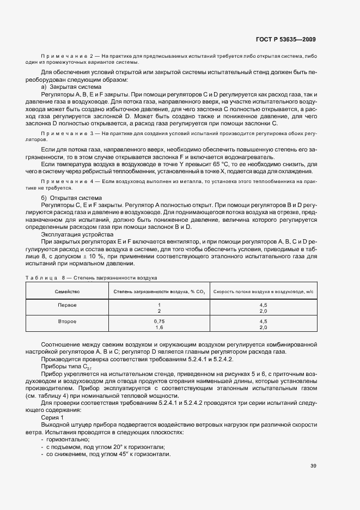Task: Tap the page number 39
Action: (x=313, y=466)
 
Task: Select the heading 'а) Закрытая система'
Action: (x=71, y=87)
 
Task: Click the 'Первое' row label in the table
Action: (x=67, y=305)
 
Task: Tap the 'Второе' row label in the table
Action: (x=67, y=322)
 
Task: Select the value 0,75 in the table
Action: (x=160, y=322)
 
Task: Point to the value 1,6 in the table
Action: (x=160, y=328)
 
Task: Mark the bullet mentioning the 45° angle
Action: (x=109, y=454)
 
